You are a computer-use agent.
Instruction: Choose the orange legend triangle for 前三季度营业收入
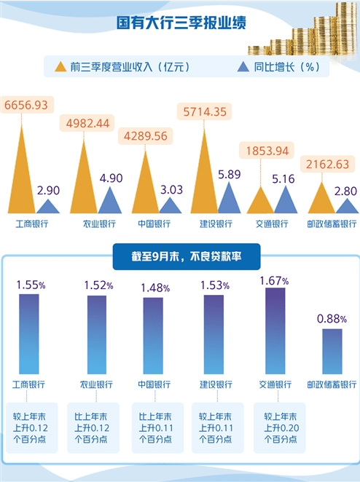click(x=60, y=67)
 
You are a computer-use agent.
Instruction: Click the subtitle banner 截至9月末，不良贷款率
click(x=180, y=255)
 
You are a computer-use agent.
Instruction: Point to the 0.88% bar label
click(x=332, y=318)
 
